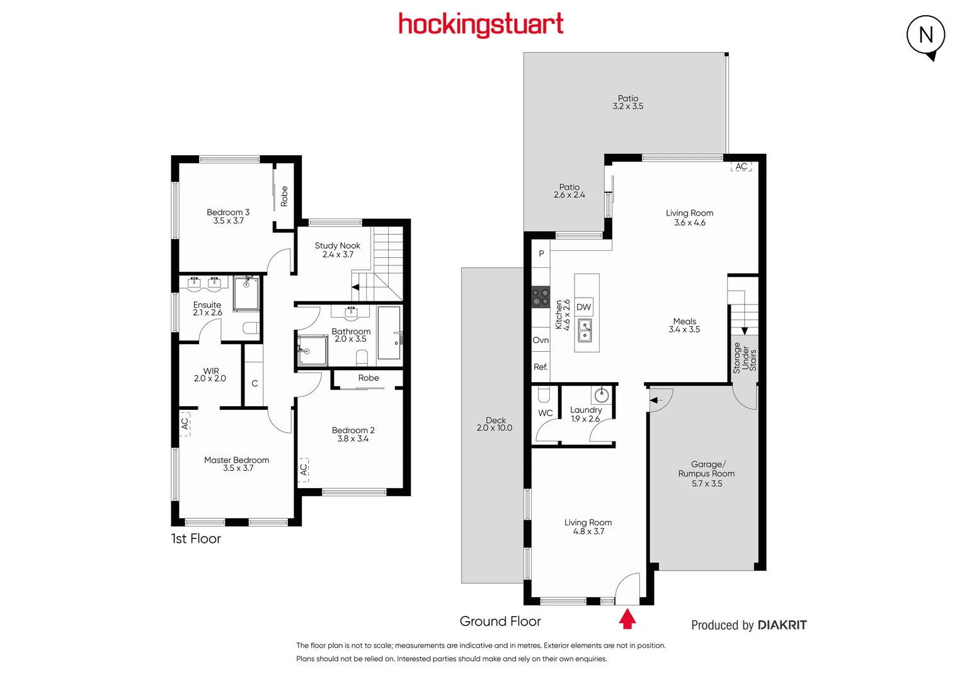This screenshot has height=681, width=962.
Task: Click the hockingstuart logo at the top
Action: pos(481,25)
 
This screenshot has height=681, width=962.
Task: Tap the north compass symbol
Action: pos(925,35)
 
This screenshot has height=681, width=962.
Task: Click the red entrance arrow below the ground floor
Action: pos(627,619)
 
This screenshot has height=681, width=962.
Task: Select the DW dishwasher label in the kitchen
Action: pos(583,307)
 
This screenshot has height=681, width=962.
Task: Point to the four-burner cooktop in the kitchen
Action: pos(541,297)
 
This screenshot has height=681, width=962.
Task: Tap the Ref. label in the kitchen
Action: pos(541,367)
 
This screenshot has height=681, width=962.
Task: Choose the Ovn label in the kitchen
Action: pos(541,340)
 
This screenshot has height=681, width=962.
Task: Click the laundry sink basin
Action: pos(602,395)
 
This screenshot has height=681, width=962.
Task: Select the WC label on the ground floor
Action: pos(545,413)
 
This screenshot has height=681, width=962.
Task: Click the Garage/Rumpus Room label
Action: pos(706,474)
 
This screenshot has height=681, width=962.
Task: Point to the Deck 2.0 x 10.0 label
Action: pos(495,424)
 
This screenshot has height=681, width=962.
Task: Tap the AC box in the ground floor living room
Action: pos(742,166)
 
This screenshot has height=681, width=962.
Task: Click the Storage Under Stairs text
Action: pos(745,358)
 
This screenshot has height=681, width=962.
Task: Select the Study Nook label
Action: pos(338,250)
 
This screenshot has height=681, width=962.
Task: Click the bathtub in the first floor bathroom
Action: pos(389,333)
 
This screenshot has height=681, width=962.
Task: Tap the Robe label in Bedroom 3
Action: pos(284,196)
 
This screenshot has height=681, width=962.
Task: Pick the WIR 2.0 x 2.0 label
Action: pos(210,375)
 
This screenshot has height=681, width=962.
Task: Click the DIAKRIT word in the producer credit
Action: pos(782,625)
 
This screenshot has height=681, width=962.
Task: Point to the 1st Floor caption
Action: pos(196,538)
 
